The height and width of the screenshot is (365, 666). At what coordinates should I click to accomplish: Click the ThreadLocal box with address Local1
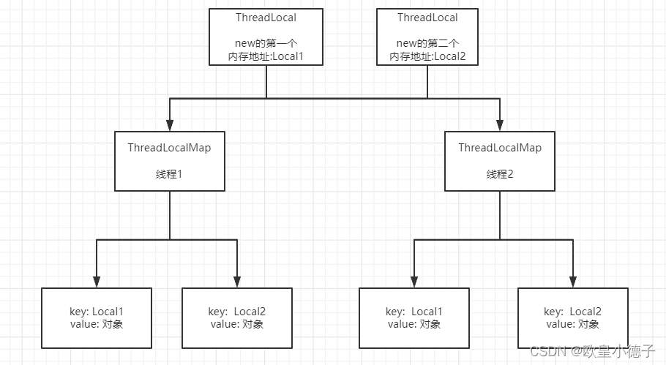(266, 37)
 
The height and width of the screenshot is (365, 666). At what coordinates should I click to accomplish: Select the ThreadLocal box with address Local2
(427, 37)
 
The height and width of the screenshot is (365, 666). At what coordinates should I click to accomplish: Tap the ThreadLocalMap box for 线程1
(170, 161)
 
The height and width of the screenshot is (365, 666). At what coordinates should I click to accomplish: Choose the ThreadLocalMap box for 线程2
(499, 161)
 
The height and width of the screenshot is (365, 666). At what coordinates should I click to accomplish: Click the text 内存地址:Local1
(266, 56)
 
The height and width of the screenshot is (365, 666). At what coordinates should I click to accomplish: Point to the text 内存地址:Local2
(427, 56)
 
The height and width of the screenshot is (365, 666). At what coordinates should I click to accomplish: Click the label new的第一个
(266, 43)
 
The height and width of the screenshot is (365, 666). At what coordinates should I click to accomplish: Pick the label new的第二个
(427, 43)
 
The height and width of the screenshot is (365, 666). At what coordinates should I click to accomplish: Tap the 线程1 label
(169, 174)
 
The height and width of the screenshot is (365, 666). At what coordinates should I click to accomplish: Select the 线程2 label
(499, 174)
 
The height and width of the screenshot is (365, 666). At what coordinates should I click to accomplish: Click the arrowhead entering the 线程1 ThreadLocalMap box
(170, 125)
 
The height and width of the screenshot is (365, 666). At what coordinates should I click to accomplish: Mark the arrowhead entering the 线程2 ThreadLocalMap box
(499, 125)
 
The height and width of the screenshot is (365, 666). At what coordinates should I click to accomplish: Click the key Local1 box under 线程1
(97, 318)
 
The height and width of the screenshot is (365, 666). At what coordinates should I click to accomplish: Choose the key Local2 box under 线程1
(237, 318)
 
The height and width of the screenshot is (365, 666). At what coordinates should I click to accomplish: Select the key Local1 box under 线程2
(414, 318)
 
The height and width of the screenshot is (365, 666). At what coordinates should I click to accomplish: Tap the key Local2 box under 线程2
(572, 318)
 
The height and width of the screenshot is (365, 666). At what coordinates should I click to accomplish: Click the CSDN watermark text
(593, 351)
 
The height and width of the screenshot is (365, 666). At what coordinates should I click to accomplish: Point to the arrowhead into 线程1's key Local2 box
(237, 282)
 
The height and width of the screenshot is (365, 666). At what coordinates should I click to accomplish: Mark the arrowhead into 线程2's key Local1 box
(414, 282)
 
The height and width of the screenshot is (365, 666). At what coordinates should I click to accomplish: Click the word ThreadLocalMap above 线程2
(500, 148)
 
